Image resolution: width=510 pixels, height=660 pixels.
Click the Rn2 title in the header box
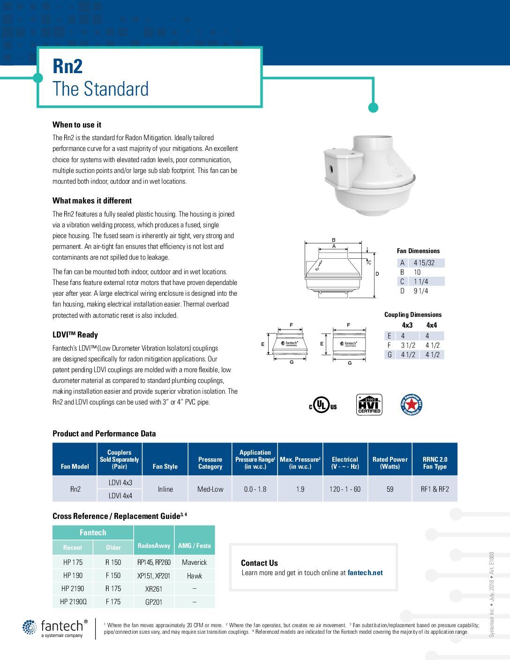(x=67, y=66)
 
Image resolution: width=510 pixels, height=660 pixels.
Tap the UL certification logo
(x=322, y=405)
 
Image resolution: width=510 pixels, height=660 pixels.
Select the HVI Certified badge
(x=369, y=405)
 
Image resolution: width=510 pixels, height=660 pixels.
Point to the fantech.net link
(x=365, y=572)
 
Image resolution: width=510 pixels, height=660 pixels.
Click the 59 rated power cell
(x=390, y=489)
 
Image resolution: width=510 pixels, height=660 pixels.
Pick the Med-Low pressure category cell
(x=210, y=489)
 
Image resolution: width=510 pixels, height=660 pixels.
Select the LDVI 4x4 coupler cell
(x=120, y=495)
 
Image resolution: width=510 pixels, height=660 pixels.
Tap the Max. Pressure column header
(x=300, y=463)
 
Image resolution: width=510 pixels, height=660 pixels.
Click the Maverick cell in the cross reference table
(x=195, y=562)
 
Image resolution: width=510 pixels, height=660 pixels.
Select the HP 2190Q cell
(x=73, y=601)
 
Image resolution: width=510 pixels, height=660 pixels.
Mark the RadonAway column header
(x=154, y=546)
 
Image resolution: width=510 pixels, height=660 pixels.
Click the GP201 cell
(x=154, y=602)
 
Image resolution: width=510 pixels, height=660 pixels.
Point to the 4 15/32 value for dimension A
(x=424, y=263)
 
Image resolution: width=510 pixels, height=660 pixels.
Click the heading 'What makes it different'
(x=92, y=201)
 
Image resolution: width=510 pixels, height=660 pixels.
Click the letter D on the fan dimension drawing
(x=377, y=273)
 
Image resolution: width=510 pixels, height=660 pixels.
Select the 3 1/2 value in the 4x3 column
(x=408, y=345)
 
